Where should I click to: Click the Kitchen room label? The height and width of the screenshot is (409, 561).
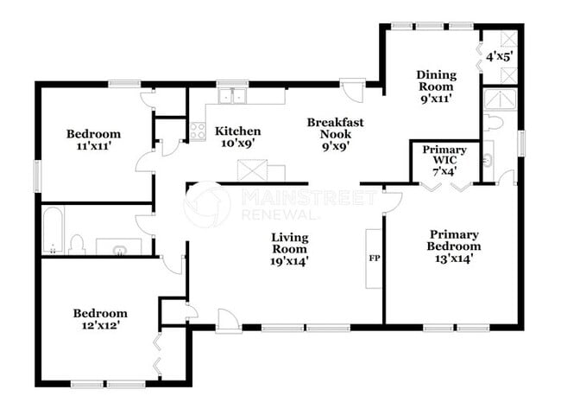pos(237,137)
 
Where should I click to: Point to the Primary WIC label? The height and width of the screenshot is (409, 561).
pos(444,161)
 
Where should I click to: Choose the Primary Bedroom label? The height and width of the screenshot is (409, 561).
pos(455,246)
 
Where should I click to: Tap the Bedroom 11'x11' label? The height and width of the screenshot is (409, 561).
pos(93,140)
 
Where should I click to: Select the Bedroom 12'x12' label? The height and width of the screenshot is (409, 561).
pos(99,319)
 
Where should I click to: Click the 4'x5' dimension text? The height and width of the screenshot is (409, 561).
pos(499,57)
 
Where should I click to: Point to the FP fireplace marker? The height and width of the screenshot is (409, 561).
pos(375,258)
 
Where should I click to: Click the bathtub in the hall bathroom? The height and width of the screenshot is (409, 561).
pos(53,231)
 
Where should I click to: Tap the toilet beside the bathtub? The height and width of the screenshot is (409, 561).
pos(76,244)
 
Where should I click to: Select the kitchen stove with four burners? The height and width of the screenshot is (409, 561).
pos(197,131)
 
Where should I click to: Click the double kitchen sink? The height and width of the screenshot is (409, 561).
pos(232,95)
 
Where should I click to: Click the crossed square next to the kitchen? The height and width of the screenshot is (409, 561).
pos(251,170)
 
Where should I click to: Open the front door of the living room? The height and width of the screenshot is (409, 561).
pos(229,320)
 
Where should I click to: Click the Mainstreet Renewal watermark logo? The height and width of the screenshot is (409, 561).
pos(207,204)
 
